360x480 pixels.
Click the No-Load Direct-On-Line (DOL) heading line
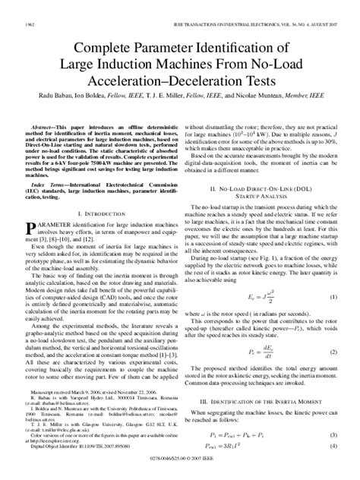pyautogui.click(x=264, y=206)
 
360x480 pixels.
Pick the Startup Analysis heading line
pyautogui.click(x=264, y=215)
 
